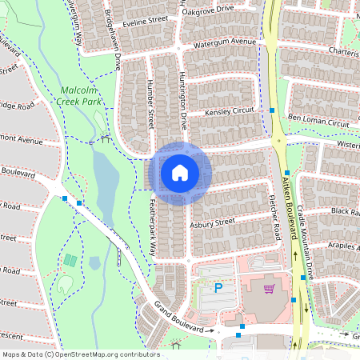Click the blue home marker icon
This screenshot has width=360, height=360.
[180, 172]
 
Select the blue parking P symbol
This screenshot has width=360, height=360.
[218, 287]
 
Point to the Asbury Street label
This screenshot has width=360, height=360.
[212, 222]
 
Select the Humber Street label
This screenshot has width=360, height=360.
[150, 104]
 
